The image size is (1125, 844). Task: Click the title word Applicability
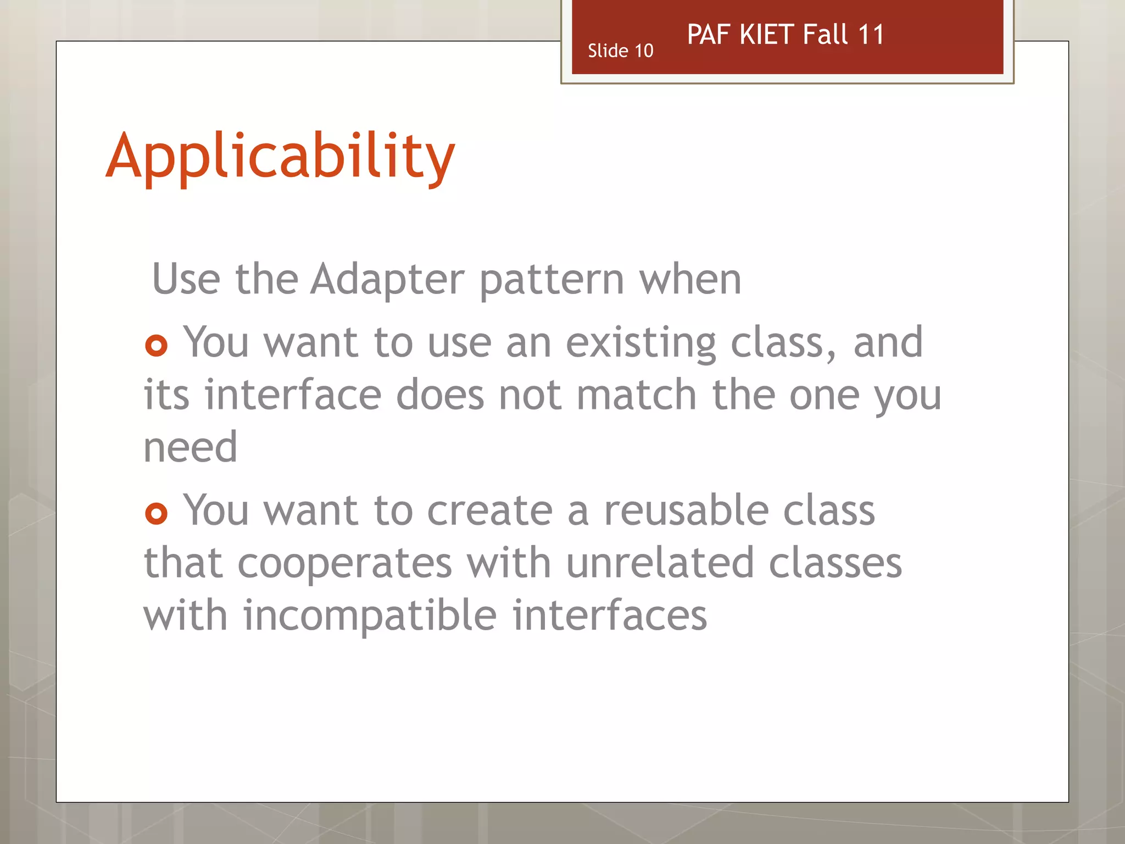(280, 157)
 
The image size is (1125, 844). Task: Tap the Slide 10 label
(620, 51)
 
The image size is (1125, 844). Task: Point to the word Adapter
(387, 279)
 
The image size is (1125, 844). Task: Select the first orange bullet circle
(156, 346)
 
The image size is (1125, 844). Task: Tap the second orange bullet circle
(156, 514)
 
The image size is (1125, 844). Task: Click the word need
(190, 447)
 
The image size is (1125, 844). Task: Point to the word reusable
(685, 510)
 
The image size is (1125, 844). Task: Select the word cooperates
(344, 564)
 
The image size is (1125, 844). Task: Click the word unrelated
(659, 563)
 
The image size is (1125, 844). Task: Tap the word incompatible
(370, 616)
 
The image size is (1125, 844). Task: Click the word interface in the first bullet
(293, 395)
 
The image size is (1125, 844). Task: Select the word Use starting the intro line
(186, 279)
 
